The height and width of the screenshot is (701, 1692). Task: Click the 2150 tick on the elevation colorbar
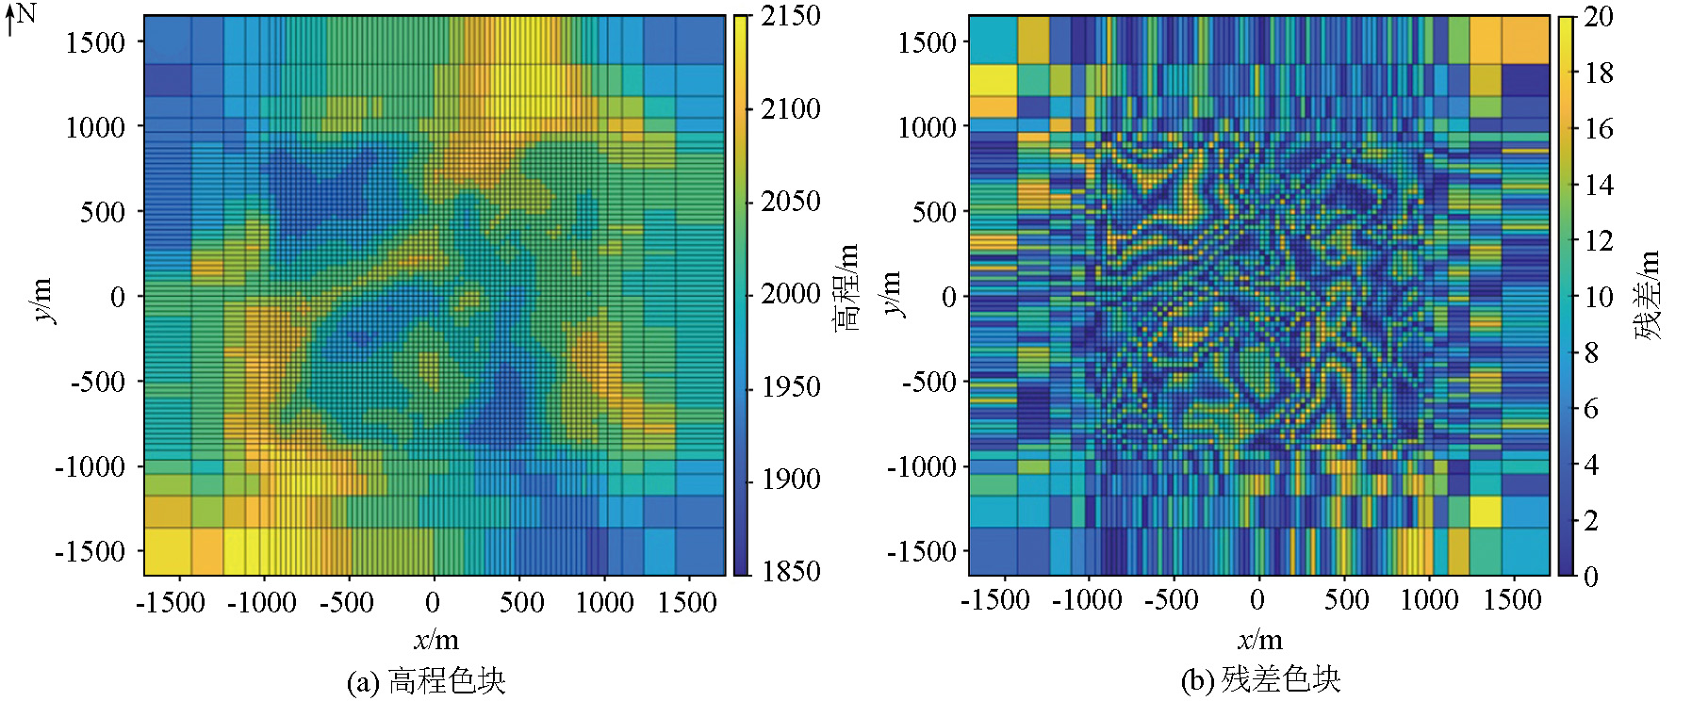tap(791, 16)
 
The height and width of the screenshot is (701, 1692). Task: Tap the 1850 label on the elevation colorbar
tap(791, 571)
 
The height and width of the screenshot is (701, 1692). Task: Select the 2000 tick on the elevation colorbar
tap(791, 294)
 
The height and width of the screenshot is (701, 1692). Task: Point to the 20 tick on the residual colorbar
tap(1598, 16)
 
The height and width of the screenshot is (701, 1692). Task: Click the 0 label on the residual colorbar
tap(1590, 576)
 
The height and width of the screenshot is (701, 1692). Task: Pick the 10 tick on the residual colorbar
tap(1598, 296)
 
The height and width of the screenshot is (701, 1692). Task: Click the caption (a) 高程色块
tap(426, 680)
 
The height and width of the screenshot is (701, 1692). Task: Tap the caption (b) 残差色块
tap(1260, 679)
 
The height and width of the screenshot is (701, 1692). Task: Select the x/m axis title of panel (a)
tap(435, 641)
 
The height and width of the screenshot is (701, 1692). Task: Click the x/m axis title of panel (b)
tap(1259, 641)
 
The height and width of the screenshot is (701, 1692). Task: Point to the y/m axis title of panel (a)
tap(43, 300)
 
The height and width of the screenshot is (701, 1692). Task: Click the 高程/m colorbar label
tap(846, 286)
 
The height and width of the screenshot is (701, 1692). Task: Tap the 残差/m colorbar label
tap(1648, 294)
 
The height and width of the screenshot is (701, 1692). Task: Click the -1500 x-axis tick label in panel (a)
tap(171, 602)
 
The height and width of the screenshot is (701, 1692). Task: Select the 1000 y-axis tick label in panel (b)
tap(927, 126)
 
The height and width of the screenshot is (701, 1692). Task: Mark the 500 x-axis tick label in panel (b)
tap(1346, 600)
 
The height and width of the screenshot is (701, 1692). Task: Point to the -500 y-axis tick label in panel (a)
tap(97, 382)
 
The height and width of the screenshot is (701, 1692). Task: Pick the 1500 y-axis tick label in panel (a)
tap(95, 42)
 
